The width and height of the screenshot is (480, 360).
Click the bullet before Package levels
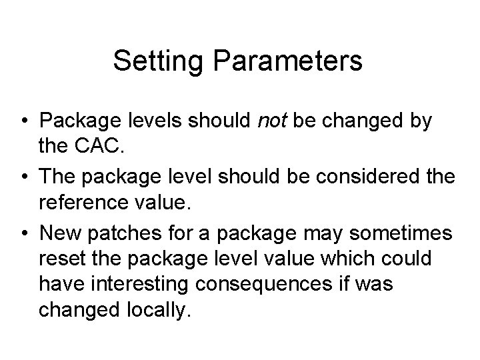23,123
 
